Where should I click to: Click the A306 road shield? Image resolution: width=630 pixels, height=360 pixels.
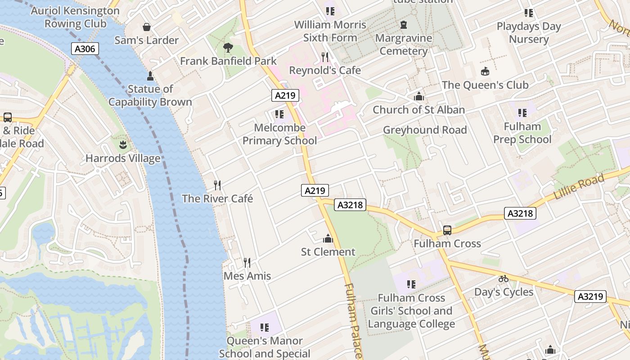click(x=85, y=49)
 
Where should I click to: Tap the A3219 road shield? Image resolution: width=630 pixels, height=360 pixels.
click(x=590, y=297)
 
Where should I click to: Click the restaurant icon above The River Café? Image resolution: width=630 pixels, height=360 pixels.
click(x=217, y=185)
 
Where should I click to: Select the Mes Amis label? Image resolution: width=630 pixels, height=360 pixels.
click(x=247, y=276)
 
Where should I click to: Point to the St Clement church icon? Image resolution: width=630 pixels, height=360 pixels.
click(x=328, y=238)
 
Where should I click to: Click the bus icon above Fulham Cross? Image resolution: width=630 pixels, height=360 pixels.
click(x=447, y=230)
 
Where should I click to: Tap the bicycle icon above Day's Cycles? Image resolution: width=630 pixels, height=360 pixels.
click(x=504, y=279)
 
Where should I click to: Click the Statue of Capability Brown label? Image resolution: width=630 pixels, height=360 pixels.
click(x=150, y=95)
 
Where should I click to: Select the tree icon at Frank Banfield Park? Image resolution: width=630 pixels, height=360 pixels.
click(x=228, y=47)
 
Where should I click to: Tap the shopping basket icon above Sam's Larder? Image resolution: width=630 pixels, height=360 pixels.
click(x=146, y=27)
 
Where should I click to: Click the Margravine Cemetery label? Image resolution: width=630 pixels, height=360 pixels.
click(x=404, y=44)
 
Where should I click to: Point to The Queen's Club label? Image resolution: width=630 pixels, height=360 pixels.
click(x=485, y=85)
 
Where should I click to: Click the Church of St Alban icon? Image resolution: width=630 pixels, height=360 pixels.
click(x=419, y=96)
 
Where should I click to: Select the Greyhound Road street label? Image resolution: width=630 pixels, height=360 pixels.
click(x=425, y=130)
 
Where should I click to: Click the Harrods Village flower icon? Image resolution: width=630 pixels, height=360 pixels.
click(x=123, y=145)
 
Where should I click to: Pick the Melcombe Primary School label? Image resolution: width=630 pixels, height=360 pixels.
click(x=279, y=134)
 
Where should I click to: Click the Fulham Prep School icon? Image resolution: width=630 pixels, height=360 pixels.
click(x=522, y=112)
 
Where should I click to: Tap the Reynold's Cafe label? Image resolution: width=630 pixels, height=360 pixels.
click(x=324, y=70)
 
